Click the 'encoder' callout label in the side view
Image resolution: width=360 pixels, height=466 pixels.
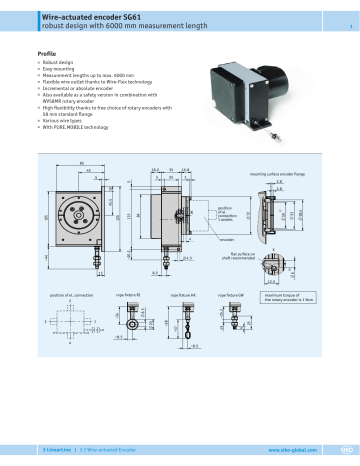point(198,240)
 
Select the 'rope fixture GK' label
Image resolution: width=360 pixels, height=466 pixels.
point(182,296)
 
